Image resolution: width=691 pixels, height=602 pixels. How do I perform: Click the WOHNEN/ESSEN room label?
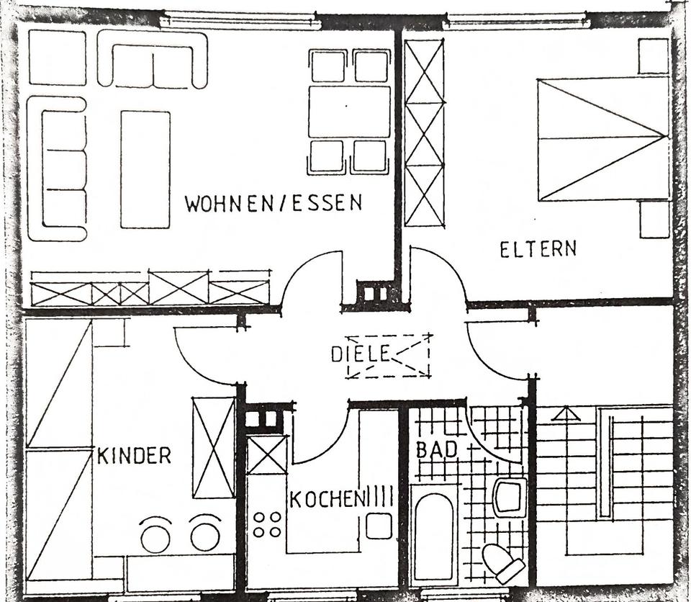pos(274,203)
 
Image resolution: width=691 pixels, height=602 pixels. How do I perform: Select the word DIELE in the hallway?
pos(360,354)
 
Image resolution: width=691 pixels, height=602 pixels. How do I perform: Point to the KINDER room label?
pos(135,455)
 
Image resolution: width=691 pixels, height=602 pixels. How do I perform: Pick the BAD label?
pos(436,449)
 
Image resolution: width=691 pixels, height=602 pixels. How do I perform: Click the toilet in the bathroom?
pos(503,563)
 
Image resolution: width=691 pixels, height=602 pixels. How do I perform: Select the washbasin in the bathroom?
pos(510,497)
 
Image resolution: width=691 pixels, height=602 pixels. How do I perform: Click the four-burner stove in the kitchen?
pos(267,524)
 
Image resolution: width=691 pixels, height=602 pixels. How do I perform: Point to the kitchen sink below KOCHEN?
pos(378,526)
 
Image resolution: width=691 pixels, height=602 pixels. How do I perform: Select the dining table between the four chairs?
pos(349,112)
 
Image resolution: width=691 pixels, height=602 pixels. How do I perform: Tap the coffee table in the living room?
pos(145,169)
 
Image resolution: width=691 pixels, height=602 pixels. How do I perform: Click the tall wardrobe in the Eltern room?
pos(424,133)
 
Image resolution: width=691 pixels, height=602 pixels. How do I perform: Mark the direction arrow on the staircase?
pos(566,414)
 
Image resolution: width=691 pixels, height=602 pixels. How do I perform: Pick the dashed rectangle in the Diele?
pos(388,356)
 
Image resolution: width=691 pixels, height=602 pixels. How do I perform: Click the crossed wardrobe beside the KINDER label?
pos(214,447)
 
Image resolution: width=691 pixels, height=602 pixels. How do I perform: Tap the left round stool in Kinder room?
pos(155,536)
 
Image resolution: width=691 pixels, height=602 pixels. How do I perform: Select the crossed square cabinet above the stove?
pos(267,454)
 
